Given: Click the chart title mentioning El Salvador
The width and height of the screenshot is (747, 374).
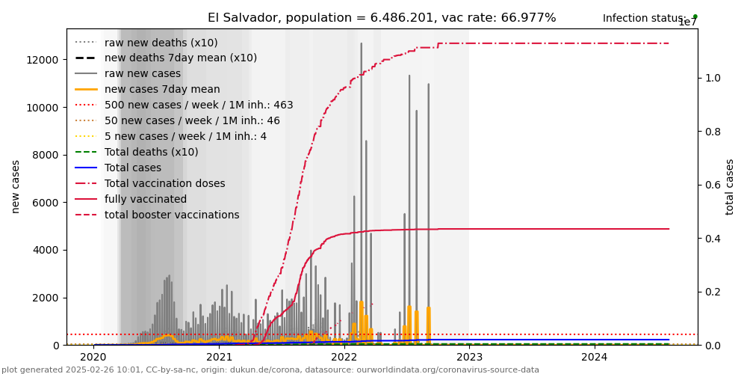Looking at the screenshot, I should click(x=382, y=18).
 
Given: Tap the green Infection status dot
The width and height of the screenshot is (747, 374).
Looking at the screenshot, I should click(x=695, y=16).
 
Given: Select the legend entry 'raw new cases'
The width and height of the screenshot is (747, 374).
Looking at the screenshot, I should click(x=142, y=73).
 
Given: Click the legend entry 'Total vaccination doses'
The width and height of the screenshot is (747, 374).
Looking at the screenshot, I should click(x=164, y=183).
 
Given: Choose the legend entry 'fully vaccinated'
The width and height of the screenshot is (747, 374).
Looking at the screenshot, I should click(x=146, y=199).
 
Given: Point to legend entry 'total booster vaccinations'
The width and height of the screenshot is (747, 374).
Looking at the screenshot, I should click(x=172, y=215).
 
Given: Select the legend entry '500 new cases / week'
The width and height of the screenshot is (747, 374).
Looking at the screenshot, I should click(x=199, y=105).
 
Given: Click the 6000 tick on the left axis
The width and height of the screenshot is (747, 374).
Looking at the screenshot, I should click(x=47, y=203).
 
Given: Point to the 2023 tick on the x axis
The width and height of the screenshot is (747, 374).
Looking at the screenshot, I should click(x=469, y=358).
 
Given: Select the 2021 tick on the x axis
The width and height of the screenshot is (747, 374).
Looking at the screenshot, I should click(x=219, y=358).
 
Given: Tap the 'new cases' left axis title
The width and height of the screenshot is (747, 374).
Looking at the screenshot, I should click(x=16, y=186).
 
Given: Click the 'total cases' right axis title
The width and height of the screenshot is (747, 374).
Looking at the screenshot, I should click(x=730, y=186).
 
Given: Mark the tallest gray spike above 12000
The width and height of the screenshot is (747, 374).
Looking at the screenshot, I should click(x=362, y=45).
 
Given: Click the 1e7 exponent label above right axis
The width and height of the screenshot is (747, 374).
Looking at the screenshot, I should click(x=687, y=22).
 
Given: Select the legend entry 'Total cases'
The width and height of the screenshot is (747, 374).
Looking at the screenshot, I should click(x=132, y=168).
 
